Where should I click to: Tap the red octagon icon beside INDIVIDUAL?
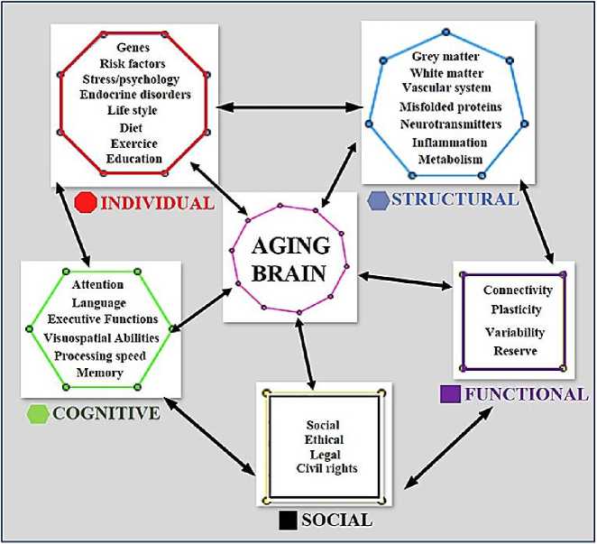pyautogui.click(x=87, y=201)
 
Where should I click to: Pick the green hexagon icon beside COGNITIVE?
pyautogui.click(x=39, y=413)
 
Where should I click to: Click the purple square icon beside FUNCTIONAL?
pyautogui.click(x=450, y=394)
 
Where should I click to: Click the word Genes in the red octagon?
pyautogui.click(x=133, y=46)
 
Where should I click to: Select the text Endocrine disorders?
pyautogui.click(x=133, y=95)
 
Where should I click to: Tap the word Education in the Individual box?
pyautogui.click(x=133, y=160)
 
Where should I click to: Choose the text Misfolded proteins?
pyautogui.click(x=451, y=107)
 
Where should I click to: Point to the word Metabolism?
pyautogui.click(x=451, y=160)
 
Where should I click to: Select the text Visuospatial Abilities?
pyautogui.click(x=102, y=337)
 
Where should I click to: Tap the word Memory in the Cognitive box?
pyautogui.click(x=100, y=373)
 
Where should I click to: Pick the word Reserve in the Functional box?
pyautogui.click(x=515, y=350)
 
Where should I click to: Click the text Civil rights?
pyautogui.click(x=326, y=469)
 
